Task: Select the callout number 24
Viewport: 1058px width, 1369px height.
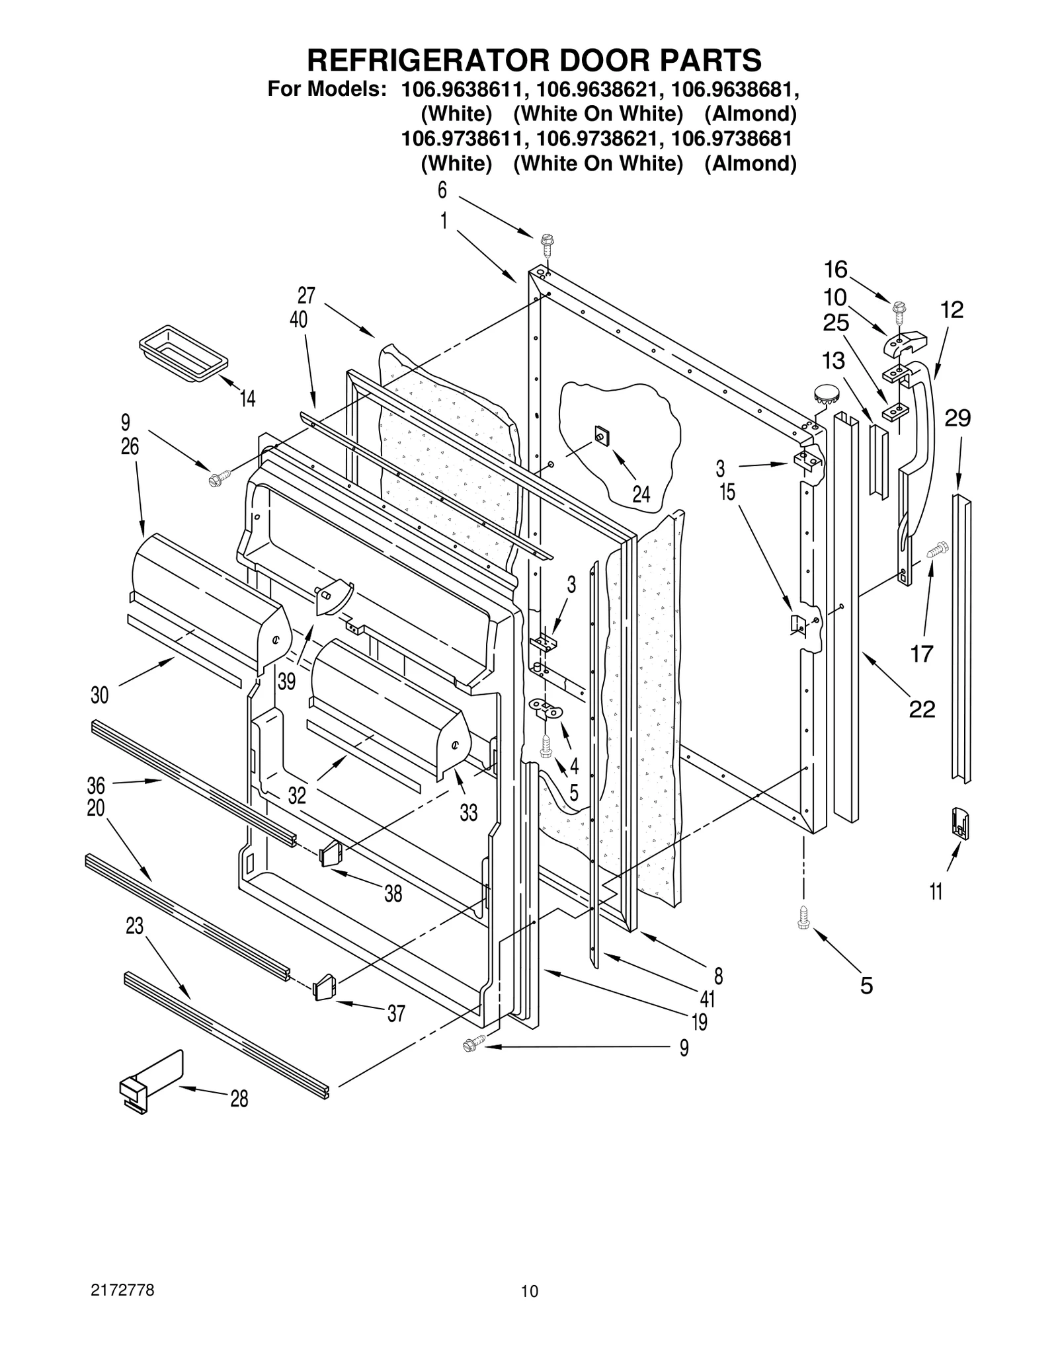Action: pyautogui.click(x=640, y=494)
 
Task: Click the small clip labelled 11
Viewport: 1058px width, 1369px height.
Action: pyautogui.click(x=959, y=824)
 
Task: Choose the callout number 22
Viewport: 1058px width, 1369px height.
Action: pyautogui.click(x=922, y=709)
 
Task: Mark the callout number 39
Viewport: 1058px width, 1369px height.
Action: pyautogui.click(x=286, y=682)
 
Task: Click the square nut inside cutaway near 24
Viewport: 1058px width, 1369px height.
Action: pyautogui.click(x=602, y=436)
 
